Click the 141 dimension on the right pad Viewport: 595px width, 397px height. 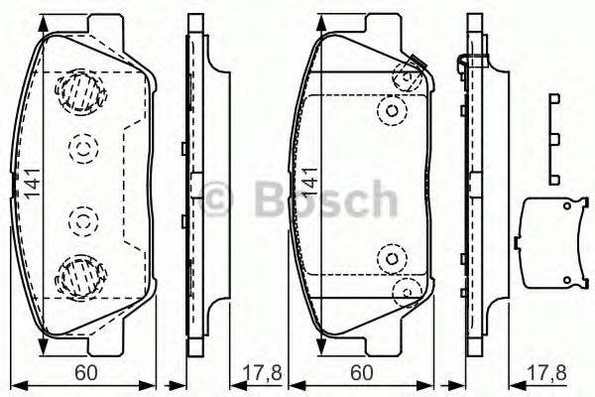[310, 183]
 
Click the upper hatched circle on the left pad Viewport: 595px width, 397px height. [82, 93]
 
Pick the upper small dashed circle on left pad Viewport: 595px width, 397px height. [82, 149]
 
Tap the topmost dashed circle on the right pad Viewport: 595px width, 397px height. [407, 76]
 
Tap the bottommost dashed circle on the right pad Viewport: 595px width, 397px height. [407, 292]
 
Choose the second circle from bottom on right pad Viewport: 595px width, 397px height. [393, 259]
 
